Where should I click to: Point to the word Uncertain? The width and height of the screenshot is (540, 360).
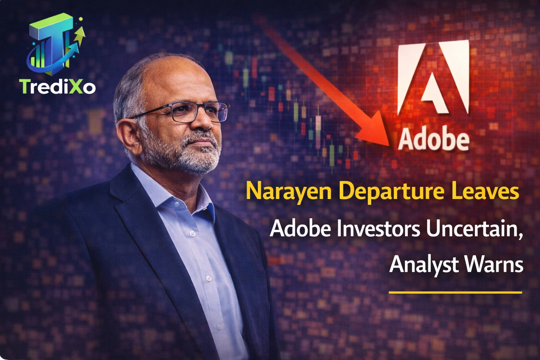(474, 229)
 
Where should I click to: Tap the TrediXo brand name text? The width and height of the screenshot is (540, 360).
(57, 86)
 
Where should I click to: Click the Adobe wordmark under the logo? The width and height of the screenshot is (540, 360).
(433, 140)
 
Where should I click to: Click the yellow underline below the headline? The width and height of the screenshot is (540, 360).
(455, 292)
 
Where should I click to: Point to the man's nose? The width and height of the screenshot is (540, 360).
(207, 121)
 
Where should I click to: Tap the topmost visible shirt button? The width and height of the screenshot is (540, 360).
(192, 233)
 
